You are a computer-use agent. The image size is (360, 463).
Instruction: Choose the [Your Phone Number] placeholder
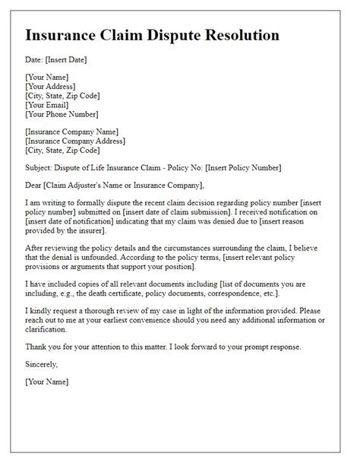[x=62, y=115]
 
